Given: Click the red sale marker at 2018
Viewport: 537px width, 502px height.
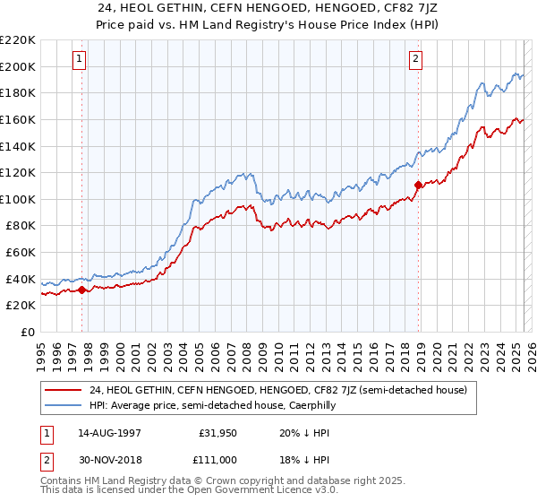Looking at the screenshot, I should pos(418,186).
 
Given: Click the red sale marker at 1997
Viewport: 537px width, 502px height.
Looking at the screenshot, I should pos(81,290).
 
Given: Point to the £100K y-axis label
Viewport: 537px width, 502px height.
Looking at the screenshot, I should pos(18,199).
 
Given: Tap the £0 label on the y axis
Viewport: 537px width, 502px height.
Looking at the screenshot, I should pos(26,332).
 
